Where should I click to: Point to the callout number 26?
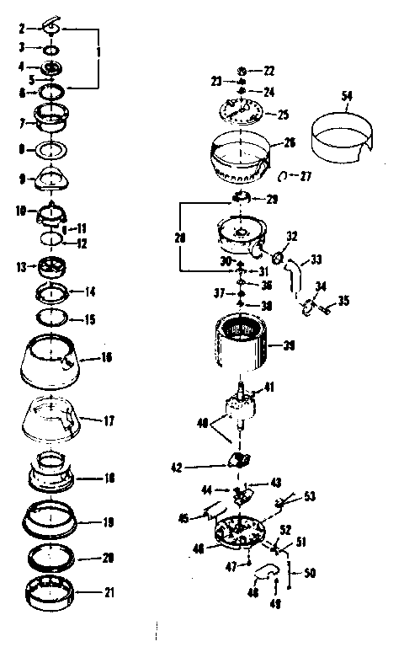tap(289, 143)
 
